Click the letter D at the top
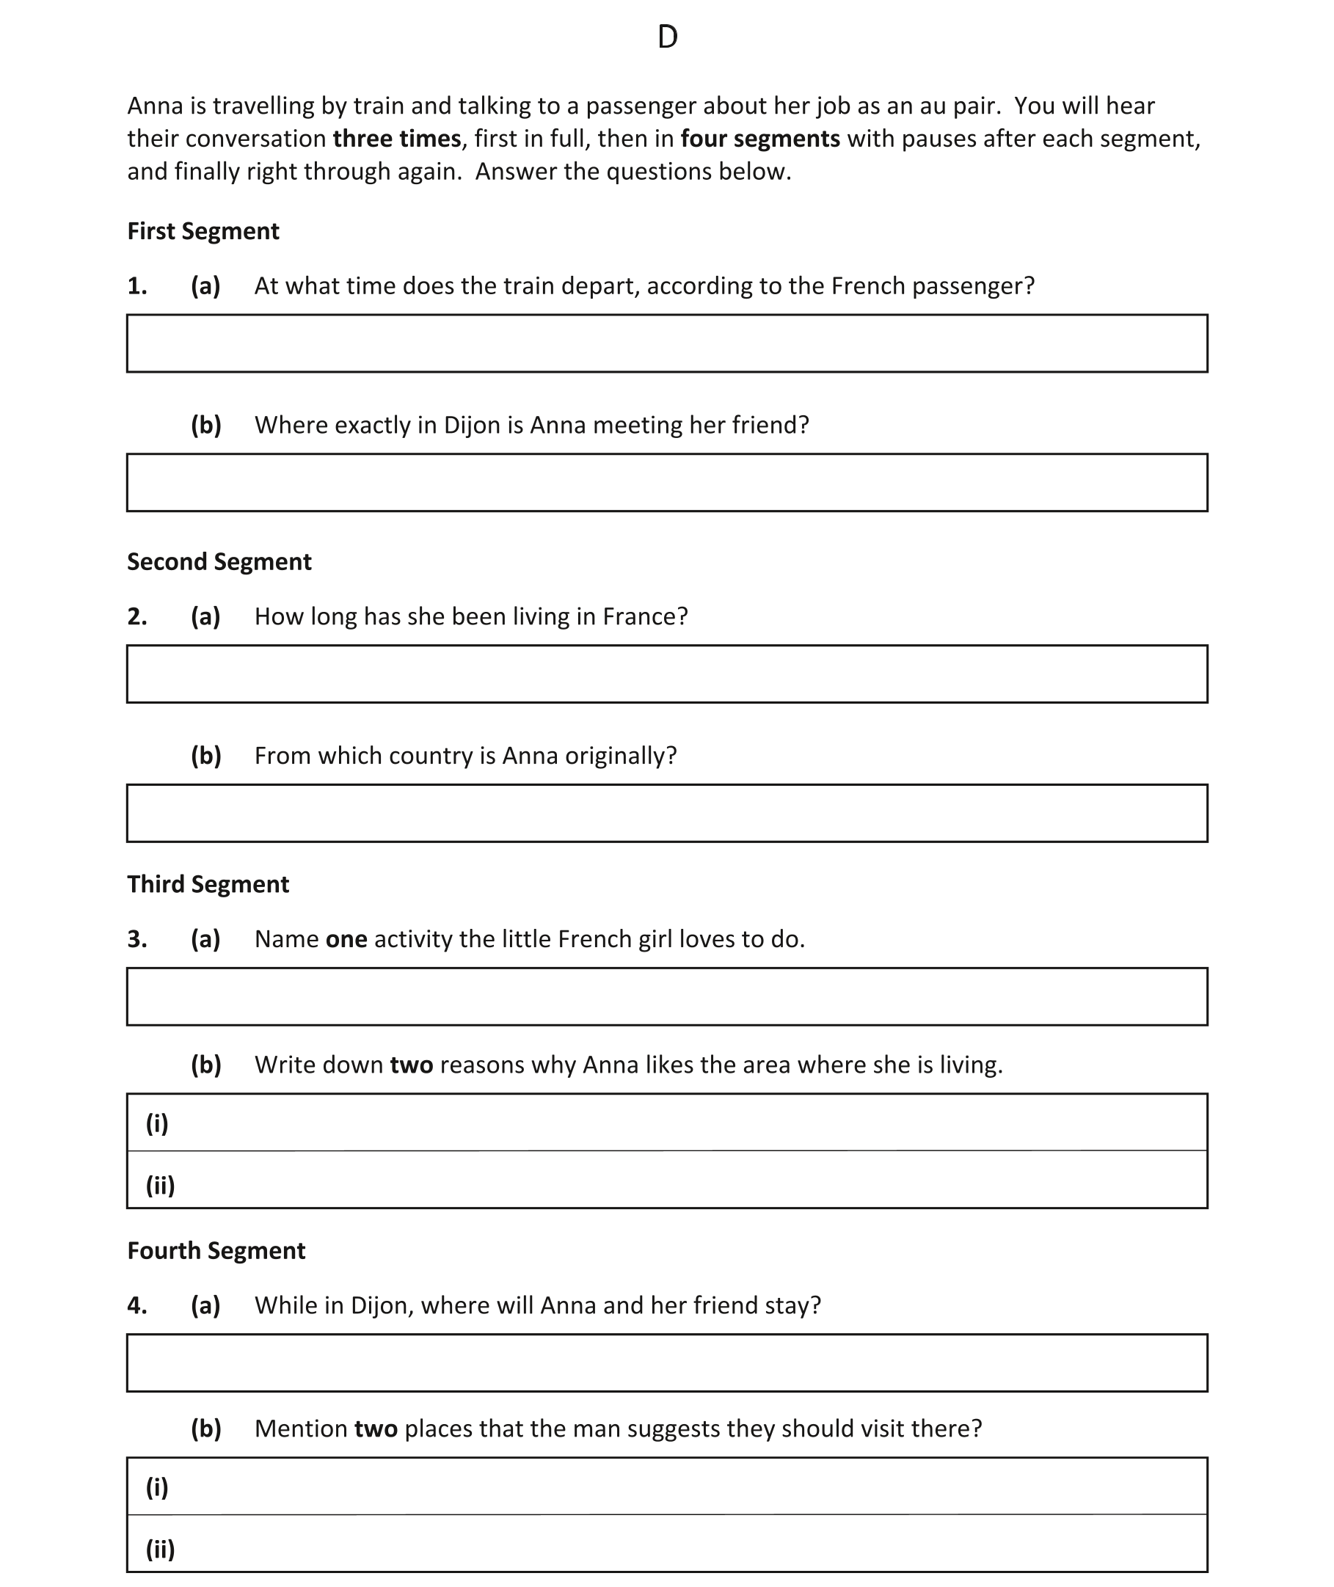coord(667,37)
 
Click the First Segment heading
coord(203,231)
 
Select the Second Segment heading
coord(219,562)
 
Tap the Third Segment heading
coord(208,884)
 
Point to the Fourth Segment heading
coord(216,1250)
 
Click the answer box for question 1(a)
coord(667,343)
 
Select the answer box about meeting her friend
coord(667,482)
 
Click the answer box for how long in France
coord(667,674)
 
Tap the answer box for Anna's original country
coord(667,813)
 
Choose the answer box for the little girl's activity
coord(667,996)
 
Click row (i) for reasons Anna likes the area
coord(667,1123)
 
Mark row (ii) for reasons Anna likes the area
coord(667,1181)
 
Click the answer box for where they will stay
coord(667,1362)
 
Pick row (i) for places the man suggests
coord(667,1486)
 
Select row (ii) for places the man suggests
coord(667,1544)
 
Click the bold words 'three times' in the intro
coord(396,139)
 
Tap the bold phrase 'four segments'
coord(760,139)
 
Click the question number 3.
coord(137,939)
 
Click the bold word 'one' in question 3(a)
coord(346,939)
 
